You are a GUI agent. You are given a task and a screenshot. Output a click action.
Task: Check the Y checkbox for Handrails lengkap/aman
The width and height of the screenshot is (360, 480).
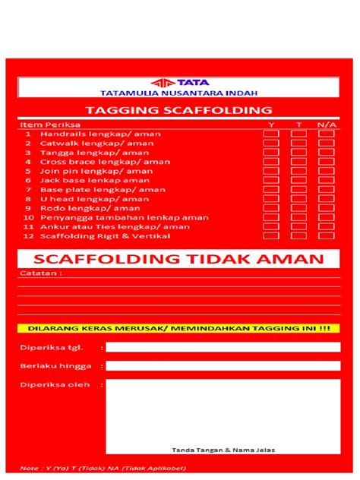[271, 134]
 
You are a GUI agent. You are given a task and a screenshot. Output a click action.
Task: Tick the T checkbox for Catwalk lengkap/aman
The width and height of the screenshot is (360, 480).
[298, 143]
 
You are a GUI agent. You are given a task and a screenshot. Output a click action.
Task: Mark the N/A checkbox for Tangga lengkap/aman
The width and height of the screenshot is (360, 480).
[326, 152]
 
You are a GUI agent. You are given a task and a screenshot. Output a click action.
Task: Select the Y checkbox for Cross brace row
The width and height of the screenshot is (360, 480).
[271, 161]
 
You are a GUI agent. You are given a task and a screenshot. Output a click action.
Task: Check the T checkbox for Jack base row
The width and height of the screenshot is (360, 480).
[298, 180]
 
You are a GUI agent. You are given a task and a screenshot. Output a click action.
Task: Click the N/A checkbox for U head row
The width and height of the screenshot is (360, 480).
[326, 198]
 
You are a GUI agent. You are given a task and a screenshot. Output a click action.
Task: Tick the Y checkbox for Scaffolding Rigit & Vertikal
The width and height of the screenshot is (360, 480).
[271, 235]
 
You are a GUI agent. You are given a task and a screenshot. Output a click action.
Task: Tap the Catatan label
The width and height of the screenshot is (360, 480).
[36, 273]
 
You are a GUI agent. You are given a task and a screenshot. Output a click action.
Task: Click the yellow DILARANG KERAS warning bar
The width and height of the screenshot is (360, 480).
[179, 329]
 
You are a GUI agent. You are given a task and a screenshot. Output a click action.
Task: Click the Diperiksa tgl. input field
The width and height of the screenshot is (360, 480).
[223, 347]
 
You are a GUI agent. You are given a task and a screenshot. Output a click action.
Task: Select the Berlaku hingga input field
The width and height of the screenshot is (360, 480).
[223, 365]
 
